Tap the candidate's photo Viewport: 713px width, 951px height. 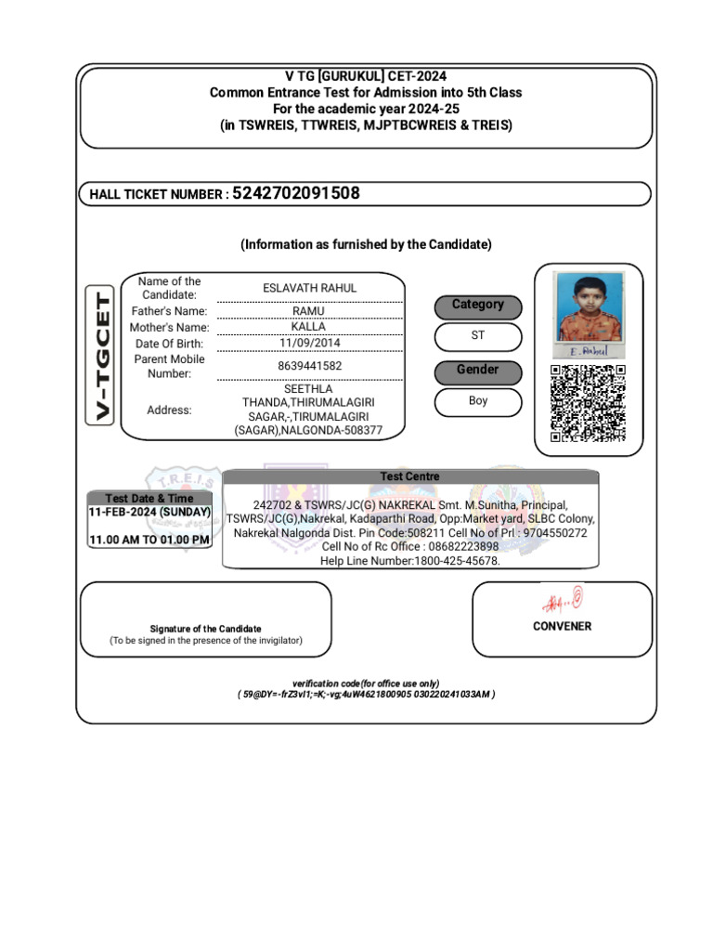pyautogui.click(x=588, y=307)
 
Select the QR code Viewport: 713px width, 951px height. pyautogui.click(x=588, y=403)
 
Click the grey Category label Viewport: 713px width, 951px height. pyautogui.click(x=478, y=306)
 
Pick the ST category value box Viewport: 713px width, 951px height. pyautogui.click(x=478, y=336)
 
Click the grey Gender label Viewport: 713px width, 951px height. pyautogui.click(x=478, y=371)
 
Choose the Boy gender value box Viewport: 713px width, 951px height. pyautogui.click(x=478, y=401)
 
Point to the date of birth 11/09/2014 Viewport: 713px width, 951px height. pyautogui.click(x=309, y=343)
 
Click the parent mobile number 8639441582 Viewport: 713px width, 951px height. pyautogui.click(x=309, y=366)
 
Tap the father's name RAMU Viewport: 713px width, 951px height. pyautogui.click(x=309, y=311)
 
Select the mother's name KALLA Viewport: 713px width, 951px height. pyautogui.click(x=309, y=327)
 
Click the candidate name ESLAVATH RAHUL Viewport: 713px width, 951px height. pyautogui.click(x=309, y=288)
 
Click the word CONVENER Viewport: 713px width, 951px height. pyautogui.click(x=562, y=626)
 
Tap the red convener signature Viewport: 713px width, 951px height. pyautogui.click(x=563, y=600)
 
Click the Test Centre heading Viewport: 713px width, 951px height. pyautogui.click(x=409, y=476)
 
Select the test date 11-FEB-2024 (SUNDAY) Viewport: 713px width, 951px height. pyautogui.click(x=149, y=513)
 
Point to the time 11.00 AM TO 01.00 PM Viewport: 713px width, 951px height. pyautogui.click(x=149, y=540)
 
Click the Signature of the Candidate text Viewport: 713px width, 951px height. pyautogui.click(x=206, y=629)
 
